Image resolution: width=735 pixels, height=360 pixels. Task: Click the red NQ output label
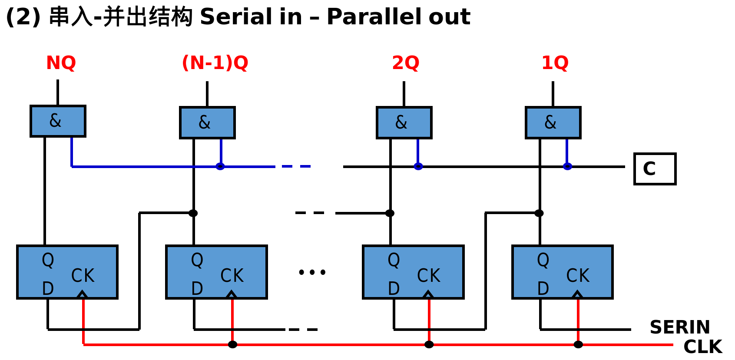coord(61,63)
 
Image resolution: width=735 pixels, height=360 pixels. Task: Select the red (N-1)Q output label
coord(215,63)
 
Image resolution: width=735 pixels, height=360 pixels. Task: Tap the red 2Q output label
coord(405,63)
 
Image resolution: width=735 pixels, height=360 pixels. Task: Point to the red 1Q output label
coord(555,63)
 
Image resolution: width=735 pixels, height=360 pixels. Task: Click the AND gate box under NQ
coord(58,121)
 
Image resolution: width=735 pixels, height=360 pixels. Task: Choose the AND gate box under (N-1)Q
coord(207,123)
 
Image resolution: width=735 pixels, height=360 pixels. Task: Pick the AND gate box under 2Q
coord(404,123)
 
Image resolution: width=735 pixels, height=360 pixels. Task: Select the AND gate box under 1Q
coord(553,123)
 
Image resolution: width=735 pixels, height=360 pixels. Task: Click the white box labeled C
coord(655,169)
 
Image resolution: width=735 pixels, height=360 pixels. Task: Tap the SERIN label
coord(680,327)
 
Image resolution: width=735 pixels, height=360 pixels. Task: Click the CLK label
coord(702,347)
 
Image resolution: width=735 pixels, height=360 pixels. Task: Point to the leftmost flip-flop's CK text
coord(83,276)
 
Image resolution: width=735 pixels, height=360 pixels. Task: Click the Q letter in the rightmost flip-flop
coord(543,260)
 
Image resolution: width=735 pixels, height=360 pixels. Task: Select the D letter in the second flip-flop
coord(197,289)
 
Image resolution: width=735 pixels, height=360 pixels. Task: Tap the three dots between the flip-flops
coord(312,272)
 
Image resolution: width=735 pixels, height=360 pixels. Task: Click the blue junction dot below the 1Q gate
coord(567,166)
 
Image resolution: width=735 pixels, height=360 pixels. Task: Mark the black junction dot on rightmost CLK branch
coord(578,344)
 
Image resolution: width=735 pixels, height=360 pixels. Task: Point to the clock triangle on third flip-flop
coord(428,295)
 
